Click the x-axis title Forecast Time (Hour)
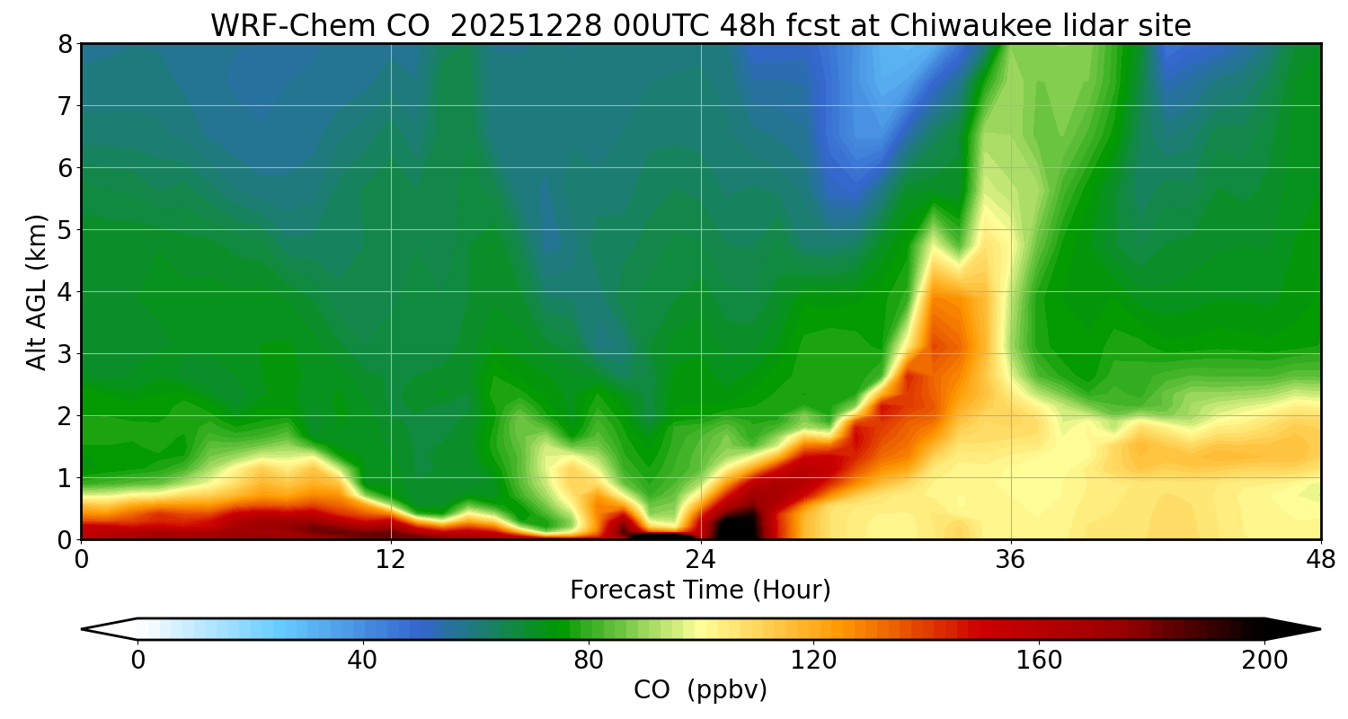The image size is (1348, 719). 700,590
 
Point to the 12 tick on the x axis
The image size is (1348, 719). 391,560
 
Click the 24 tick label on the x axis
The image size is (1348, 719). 701,560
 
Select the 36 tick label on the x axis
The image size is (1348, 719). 1011,560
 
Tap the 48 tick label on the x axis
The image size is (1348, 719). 1320,560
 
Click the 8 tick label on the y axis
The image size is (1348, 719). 64,44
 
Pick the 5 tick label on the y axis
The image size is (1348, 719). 64,230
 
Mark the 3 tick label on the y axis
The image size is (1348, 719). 64,354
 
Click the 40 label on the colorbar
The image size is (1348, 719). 362,661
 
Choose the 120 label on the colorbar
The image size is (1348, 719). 814,661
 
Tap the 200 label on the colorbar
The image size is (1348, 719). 1264,661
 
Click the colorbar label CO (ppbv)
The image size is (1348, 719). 700,690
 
